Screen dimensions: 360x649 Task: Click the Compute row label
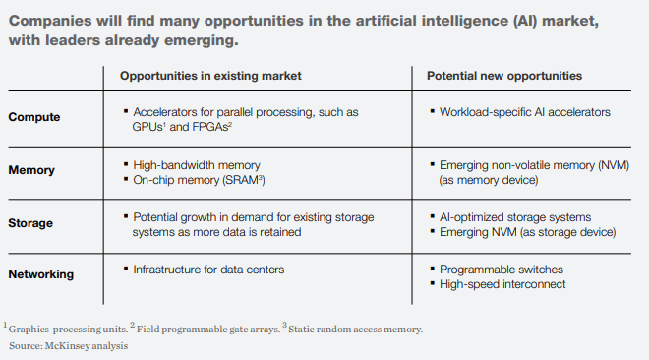click(33, 117)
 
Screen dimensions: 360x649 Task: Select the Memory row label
click(31, 170)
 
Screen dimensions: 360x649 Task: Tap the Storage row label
click(31, 222)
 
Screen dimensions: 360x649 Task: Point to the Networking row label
click(41, 274)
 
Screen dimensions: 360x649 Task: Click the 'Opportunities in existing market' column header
click(210, 76)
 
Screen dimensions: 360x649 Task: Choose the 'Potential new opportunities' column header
click(503, 76)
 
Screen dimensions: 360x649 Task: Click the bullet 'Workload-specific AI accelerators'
click(525, 112)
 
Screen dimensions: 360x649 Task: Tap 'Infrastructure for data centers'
click(207, 269)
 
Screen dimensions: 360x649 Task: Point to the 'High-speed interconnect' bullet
click(502, 284)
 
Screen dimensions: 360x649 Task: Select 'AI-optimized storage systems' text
click(514, 216)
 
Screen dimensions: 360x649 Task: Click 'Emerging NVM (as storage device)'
click(527, 232)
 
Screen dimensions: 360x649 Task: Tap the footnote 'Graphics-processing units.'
click(68, 330)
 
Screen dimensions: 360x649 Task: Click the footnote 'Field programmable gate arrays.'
click(205, 330)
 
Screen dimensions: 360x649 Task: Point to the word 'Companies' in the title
click(48, 22)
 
